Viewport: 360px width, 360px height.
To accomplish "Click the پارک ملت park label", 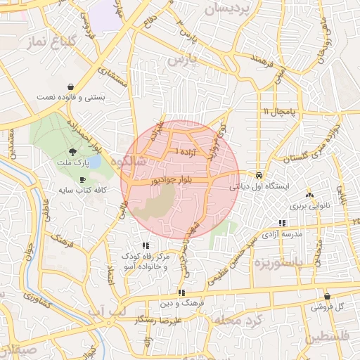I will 72,163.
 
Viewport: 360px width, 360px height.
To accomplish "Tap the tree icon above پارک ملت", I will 72,153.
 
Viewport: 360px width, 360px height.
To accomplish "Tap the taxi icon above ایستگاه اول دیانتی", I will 259,176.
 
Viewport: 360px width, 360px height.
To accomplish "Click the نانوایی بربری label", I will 307,207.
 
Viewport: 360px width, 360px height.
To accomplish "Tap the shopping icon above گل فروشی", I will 327,296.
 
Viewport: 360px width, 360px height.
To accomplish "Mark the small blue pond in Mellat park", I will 94,162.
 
